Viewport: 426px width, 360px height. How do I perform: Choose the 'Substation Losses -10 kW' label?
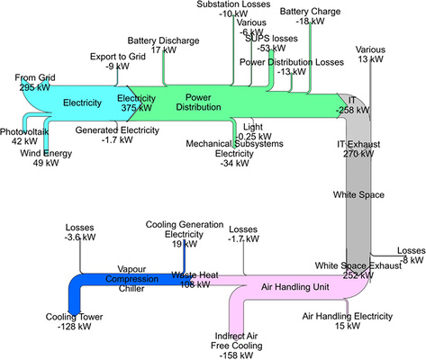pos(232,10)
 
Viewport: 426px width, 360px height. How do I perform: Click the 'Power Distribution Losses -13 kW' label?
pos(291,67)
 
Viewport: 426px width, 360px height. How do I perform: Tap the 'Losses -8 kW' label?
pos(411,255)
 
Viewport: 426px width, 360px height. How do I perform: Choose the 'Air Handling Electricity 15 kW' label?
pos(348,321)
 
